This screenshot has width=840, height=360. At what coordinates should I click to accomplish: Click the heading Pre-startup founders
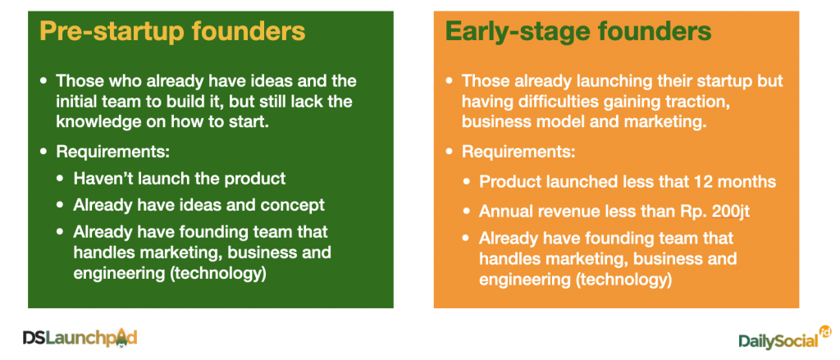click(x=172, y=32)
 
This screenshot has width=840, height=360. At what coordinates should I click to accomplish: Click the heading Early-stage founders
click(x=578, y=32)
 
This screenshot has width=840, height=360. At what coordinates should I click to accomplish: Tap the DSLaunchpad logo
click(x=80, y=338)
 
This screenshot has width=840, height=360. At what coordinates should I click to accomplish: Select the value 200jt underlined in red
click(x=731, y=211)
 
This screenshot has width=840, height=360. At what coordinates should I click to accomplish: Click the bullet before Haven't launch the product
click(x=62, y=179)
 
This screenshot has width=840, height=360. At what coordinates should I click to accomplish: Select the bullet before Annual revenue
click(x=468, y=212)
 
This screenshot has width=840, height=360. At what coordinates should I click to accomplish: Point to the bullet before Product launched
click(x=468, y=182)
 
